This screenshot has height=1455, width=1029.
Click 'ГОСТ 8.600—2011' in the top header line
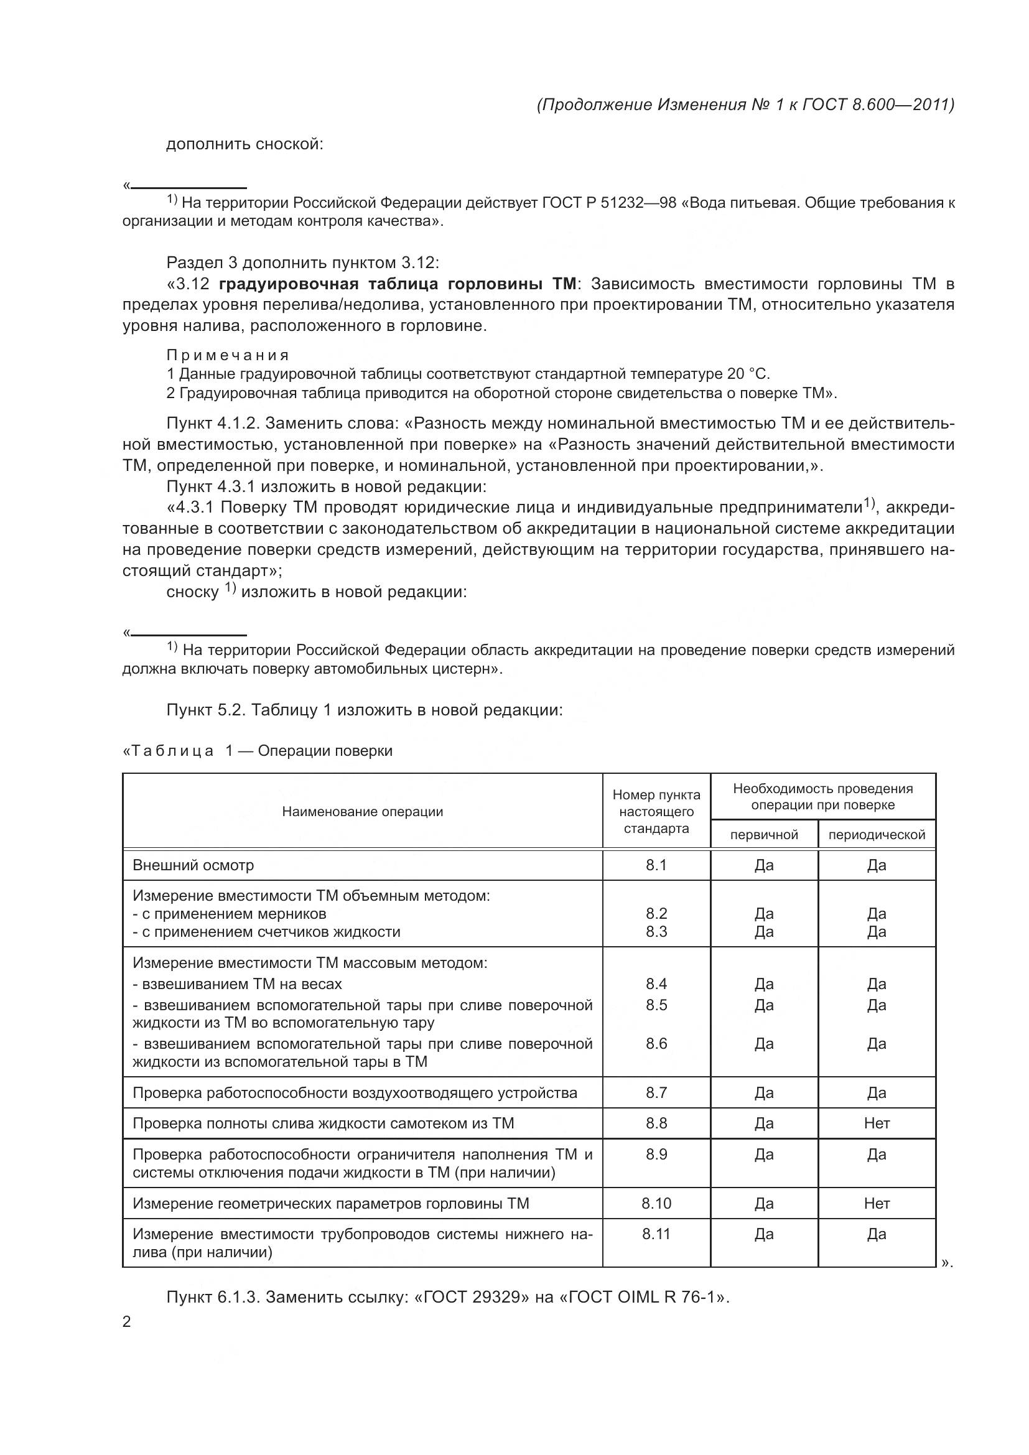point(878,105)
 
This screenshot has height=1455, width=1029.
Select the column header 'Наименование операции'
point(363,812)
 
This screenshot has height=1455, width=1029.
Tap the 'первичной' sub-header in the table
point(764,835)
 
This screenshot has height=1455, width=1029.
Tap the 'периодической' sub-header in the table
point(877,835)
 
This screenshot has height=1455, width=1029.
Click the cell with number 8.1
point(656,865)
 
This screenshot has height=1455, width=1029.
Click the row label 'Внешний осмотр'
point(193,865)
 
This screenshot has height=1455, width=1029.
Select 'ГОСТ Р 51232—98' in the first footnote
point(609,203)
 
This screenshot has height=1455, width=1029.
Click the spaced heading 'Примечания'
point(228,355)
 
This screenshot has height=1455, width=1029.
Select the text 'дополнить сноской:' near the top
point(244,144)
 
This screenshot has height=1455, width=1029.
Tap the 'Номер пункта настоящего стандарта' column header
point(656,812)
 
